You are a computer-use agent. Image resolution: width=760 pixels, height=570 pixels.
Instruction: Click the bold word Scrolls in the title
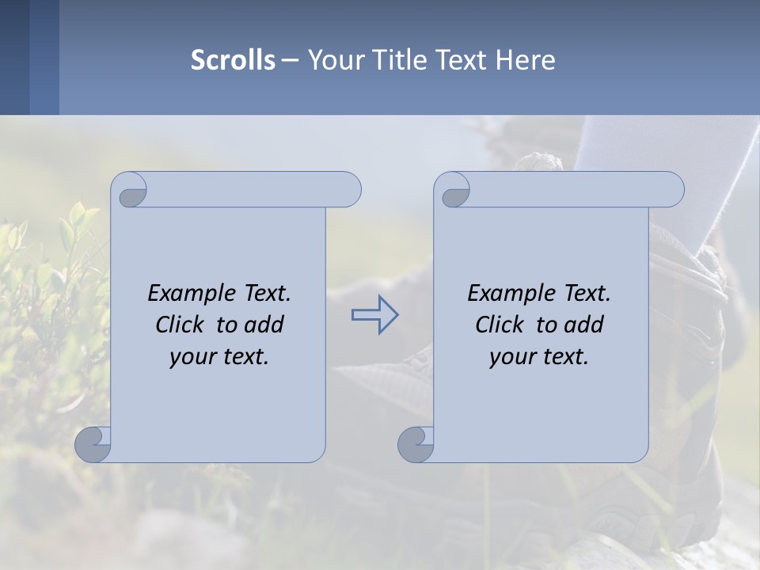tap(233, 59)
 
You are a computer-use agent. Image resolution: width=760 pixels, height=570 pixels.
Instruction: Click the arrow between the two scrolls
tap(374, 315)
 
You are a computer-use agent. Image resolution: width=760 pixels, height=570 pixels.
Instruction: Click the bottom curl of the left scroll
tap(93, 444)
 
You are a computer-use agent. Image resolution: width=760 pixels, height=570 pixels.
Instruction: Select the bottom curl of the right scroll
tap(416, 444)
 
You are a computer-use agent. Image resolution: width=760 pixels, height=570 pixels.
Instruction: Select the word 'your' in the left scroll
tap(192, 357)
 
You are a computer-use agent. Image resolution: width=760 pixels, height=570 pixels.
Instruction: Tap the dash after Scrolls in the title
tap(290, 59)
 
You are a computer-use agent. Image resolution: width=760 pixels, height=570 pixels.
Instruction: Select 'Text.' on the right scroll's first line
tap(587, 294)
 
